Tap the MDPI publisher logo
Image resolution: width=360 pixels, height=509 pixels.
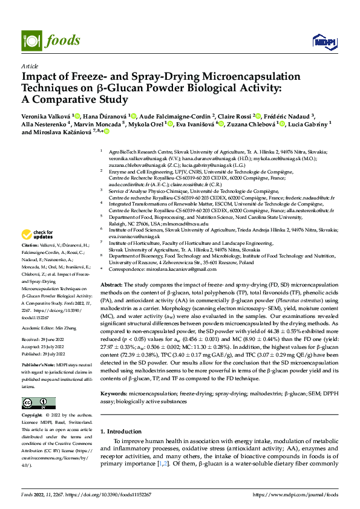(x=321, y=41)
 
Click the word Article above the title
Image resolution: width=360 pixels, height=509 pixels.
(x=29, y=66)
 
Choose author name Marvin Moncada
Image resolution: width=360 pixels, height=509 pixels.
(x=99, y=125)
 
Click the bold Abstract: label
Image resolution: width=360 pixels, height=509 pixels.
(x=111, y=284)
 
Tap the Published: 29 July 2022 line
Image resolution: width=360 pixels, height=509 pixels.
(x=47, y=355)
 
